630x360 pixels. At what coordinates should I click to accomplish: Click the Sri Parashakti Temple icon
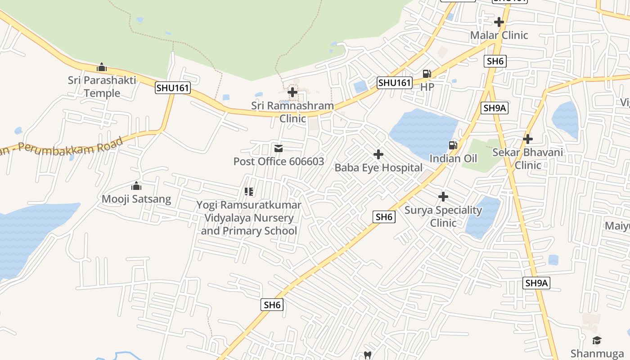click(x=102, y=67)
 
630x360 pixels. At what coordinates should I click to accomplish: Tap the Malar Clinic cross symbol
click(x=499, y=22)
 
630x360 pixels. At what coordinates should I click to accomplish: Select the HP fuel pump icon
click(x=427, y=73)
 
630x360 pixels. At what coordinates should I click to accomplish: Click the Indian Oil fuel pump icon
click(x=453, y=145)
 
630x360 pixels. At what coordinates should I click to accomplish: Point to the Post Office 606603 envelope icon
click(x=279, y=148)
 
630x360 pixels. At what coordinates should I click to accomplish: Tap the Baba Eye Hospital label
click(x=378, y=168)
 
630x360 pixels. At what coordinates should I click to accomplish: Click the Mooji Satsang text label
click(x=136, y=199)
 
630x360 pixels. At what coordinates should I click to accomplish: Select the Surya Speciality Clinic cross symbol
click(x=443, y=197)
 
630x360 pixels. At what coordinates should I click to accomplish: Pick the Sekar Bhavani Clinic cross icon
click(x=528, y=139)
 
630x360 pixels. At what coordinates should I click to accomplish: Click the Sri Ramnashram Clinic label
click(x=292, y=112)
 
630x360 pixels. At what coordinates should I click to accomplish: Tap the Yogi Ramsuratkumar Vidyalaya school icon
click(x=248, y=192)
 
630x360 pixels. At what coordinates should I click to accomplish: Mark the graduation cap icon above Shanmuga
click(x=597, y=340)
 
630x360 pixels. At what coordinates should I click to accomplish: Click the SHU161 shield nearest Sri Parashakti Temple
click(x=173, y=87)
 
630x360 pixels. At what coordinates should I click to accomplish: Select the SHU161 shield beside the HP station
click(x=395, y=82)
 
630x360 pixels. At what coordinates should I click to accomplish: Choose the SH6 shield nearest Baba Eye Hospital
click(x=384, y=217)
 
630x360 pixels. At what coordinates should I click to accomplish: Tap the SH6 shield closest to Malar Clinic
click(x=495, y=61)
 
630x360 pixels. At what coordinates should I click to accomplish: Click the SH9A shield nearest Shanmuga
click(x=537, y=283)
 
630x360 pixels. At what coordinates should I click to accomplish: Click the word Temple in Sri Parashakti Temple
click(x=102, y=93)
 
